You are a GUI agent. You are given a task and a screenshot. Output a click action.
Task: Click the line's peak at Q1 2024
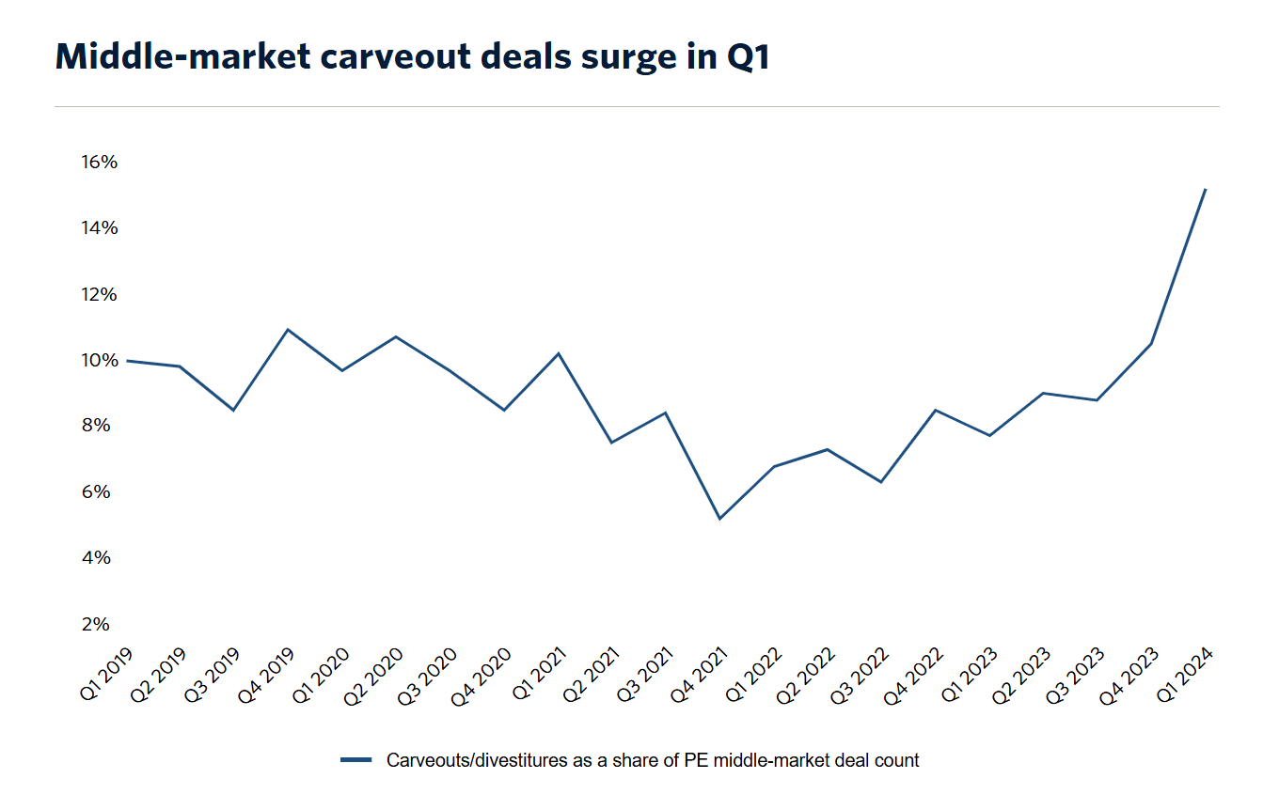click(1206, 189)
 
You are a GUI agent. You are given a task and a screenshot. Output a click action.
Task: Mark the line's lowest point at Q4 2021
click(719, 519)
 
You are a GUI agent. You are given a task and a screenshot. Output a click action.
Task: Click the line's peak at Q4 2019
click(288, 329)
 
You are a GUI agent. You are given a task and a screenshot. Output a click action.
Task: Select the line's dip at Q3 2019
click(233, 410)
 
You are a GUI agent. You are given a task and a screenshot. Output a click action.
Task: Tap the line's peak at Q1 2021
click(558, 353)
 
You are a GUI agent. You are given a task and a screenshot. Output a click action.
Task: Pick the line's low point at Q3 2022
click(881, 482)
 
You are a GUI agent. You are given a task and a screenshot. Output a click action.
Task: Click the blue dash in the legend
click(357, 760)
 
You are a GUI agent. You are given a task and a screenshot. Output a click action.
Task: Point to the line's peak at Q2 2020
click(396, 336)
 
